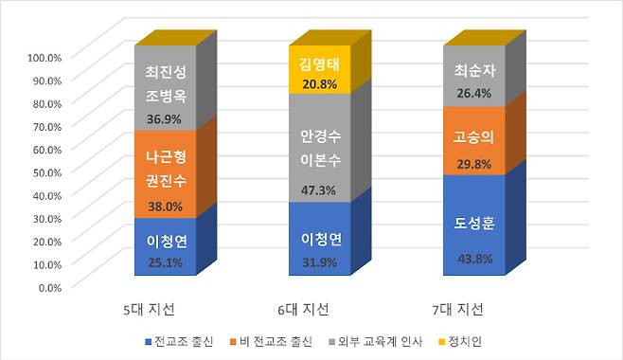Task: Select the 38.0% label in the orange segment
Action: tap(168, 204)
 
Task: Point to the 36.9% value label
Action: tap(168, 119)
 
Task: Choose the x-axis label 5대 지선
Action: tap(151, 310)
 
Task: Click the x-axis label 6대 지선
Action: tap(304, 310)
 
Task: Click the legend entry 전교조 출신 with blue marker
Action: tap(179, 339)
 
